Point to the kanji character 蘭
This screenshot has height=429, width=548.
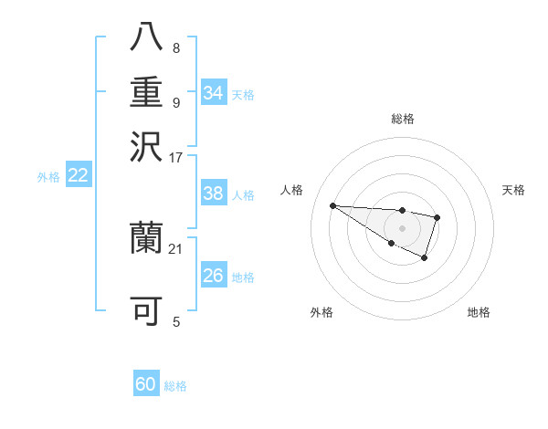146,239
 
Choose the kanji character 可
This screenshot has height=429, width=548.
146,310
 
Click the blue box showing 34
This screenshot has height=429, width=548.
214,93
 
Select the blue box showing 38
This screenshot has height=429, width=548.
214,194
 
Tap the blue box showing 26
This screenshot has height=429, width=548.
214,276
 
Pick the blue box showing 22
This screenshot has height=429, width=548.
79,176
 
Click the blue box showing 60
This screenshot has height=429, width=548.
146,385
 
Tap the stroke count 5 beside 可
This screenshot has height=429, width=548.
176,320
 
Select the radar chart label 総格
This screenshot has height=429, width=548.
403,119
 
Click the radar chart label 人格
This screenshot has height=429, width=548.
292,190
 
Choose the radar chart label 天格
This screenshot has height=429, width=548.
513,190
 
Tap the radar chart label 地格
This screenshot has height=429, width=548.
479,312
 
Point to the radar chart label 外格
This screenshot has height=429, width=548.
321,312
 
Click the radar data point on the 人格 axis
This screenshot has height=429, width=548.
332,205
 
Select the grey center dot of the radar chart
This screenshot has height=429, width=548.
402,228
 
